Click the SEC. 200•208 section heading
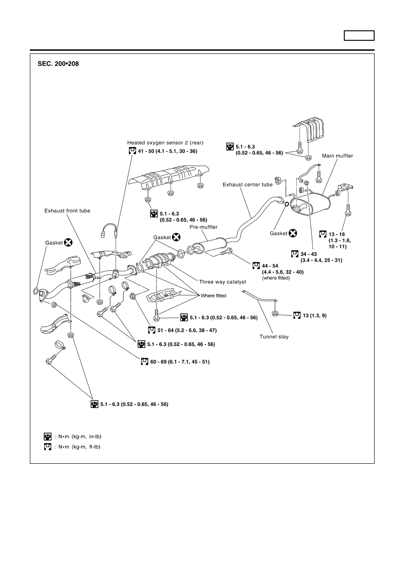click(x=58, y=64)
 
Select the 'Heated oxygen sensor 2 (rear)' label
click(x=162, y=142)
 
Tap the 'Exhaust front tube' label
click(x=67, y=211)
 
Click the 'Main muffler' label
click(x=337, y=156)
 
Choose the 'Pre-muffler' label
click(x=204, y=226)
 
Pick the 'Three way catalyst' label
click(x=219, y=282)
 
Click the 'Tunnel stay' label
click(x=274, y=336)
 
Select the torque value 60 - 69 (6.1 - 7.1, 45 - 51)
click(x=180, y=362)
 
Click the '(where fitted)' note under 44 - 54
click(x=276, y=278)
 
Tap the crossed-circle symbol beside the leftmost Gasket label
click(x=68, y=243)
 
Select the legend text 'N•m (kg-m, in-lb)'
click(x=77, y=437)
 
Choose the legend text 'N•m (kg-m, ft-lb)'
click(x=77, y=447)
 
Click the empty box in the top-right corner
click(x=359, y=35)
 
